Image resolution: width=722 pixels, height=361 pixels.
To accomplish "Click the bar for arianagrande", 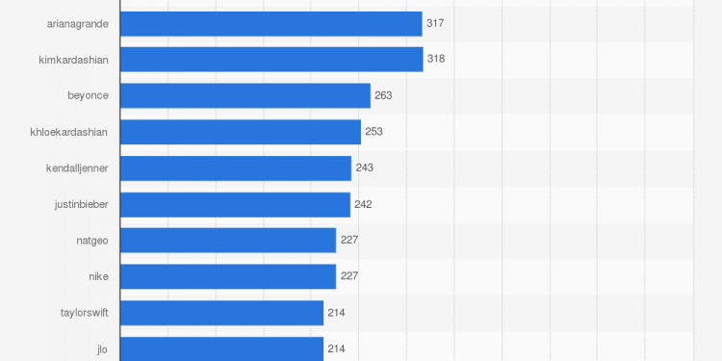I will [271, 24].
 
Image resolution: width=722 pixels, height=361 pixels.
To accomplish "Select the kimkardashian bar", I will [271, 60].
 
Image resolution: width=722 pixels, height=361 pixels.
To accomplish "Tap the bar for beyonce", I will [245, 95].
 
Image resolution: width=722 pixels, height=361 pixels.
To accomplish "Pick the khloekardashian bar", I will [241, 132].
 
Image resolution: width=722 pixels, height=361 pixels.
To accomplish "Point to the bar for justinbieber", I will [235, 204].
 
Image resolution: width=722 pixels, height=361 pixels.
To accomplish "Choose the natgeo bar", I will [228, 240].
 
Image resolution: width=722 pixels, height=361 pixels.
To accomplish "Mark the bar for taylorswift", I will [221, 312].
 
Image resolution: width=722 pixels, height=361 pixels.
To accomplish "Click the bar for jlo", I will [221, 348].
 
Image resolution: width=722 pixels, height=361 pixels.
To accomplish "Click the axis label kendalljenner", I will [77, 168].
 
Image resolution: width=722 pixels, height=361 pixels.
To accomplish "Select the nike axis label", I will [98, 276].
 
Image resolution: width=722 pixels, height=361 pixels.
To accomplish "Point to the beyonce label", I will [88, 95].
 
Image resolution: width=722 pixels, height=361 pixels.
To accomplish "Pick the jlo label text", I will [102, 348].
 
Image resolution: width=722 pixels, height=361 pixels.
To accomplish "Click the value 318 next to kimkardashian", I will [436, 60].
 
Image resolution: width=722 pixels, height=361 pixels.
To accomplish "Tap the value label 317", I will [435, 23].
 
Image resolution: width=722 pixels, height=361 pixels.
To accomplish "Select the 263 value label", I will [383, 95].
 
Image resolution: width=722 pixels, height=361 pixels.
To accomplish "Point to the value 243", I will [364, 168].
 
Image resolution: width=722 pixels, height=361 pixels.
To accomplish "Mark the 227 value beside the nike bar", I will [348, 276].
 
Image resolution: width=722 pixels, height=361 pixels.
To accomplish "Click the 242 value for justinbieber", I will [363, 204].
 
